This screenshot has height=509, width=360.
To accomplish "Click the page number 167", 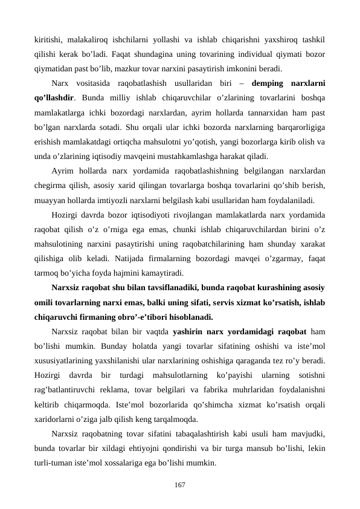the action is point(179,485).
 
